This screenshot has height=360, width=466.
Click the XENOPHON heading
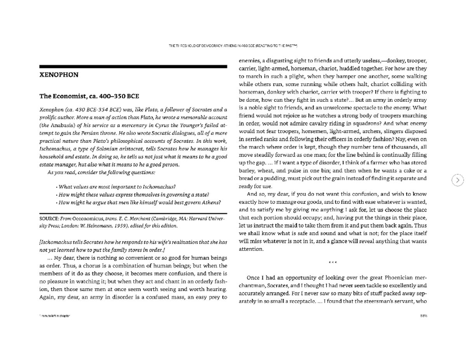(x=59, y=75)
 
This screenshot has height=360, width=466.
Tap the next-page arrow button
(x=458, y=180)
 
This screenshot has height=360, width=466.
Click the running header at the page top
(x=233, y=46)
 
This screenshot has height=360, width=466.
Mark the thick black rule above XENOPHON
(x=133, y=67)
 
